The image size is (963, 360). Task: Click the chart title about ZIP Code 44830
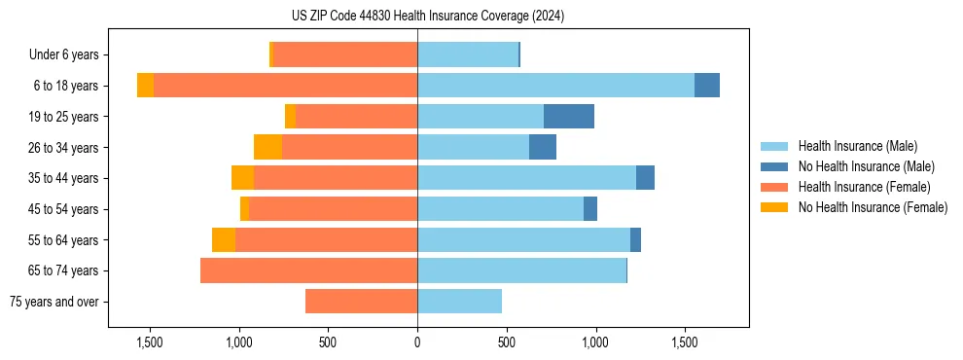[x=428, y=16]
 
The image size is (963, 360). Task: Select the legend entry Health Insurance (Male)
[x=857, y=146]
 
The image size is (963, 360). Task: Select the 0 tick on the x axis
[x=417, y=342]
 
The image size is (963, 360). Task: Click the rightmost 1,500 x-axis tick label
[x=685, y=342]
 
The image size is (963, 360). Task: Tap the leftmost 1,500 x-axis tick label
[x=150, y=342]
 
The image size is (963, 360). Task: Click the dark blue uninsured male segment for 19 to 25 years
[x=569, y=117]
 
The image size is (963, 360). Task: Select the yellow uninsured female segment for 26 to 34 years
[x=267, y=147]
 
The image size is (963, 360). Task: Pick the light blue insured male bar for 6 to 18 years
[x=555, y=86]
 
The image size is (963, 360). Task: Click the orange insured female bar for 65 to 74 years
[x=308, y=270]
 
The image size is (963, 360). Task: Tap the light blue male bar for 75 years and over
[x=459, y=302]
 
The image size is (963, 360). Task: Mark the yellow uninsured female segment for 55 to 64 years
[x=224, y=239]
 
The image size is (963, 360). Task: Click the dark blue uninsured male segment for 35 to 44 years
[x=645, y=178]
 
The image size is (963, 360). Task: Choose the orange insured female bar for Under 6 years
[x=345, y=54]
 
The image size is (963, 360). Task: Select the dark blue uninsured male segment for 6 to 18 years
[x=707, y=86]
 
